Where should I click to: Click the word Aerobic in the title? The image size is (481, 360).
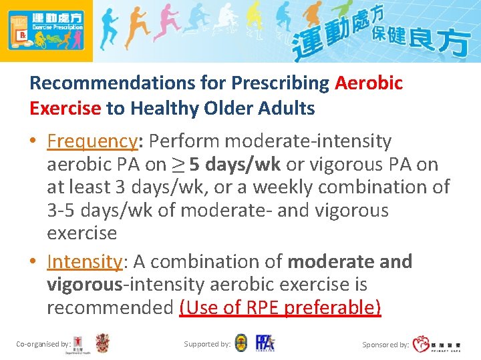pos(368,83)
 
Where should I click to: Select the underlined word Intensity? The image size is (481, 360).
pos(84,261)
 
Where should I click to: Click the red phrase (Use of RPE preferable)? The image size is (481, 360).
pos(280,307)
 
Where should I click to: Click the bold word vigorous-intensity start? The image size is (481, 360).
pos(84,285)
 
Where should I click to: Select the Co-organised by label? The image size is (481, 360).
pos(43,344)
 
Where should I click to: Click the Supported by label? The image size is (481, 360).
pos(207,344)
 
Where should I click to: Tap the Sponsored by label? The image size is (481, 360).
pos(385,345)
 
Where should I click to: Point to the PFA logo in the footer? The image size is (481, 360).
pos(265,343)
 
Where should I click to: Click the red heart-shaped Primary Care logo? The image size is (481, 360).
pos(421,344)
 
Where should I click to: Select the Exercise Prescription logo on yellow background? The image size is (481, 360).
pos(45,30)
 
